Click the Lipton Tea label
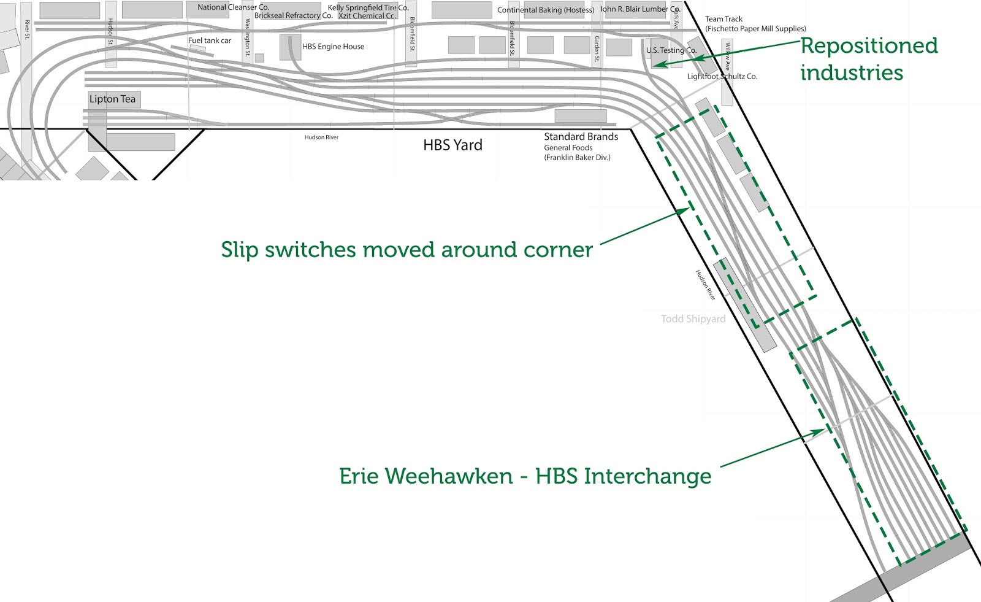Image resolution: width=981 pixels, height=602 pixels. coord(112,99)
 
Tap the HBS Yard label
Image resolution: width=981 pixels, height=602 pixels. coord(452,145)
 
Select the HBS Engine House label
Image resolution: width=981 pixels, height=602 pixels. coord(333,47)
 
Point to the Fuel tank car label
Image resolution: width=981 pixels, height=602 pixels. coord(210,41)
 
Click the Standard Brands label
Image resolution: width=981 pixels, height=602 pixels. coord(581,137)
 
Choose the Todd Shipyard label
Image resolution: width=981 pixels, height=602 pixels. coord(693,319)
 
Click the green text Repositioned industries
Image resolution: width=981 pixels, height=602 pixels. coord(868,59)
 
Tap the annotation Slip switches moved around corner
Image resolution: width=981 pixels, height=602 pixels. coord(407,250)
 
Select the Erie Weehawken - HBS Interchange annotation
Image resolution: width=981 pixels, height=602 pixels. coord(525,476)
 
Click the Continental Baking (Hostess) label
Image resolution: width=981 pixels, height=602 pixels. coord(545,10)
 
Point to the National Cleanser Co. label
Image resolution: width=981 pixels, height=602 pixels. coord(233,7)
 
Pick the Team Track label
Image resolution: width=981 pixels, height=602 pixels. coord(723,19)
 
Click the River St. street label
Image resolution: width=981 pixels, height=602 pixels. coord(27,29)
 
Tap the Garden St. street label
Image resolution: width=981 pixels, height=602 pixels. coord(597,48)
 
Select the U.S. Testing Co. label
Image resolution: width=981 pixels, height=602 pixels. coord(671,50)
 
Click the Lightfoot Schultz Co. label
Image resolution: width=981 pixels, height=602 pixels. coord(722,77)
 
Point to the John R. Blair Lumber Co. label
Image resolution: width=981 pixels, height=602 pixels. coord(639,9)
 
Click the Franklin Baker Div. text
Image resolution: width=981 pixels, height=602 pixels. coord(577,158)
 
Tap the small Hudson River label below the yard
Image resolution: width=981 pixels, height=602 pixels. coord(321,137)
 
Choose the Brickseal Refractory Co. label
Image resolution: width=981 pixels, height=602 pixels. coord(293,16)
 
